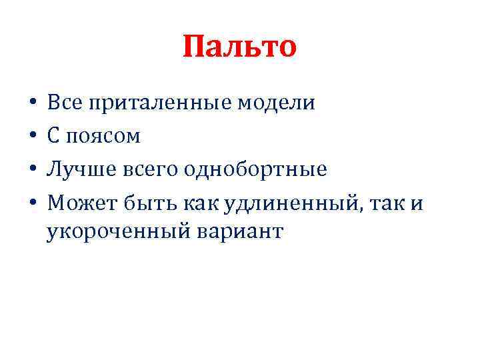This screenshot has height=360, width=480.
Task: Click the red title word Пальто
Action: point(239,47)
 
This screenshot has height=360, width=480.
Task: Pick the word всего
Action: point(141,170)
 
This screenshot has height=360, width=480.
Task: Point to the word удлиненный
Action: point(281,201)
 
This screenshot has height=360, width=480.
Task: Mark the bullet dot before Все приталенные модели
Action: point(32,105)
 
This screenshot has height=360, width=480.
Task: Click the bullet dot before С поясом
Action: point(32,137)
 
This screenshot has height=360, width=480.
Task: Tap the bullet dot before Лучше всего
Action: point(32,169)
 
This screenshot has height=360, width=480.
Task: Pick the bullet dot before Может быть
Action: point(32,202)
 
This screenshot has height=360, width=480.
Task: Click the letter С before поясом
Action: point(53,136)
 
